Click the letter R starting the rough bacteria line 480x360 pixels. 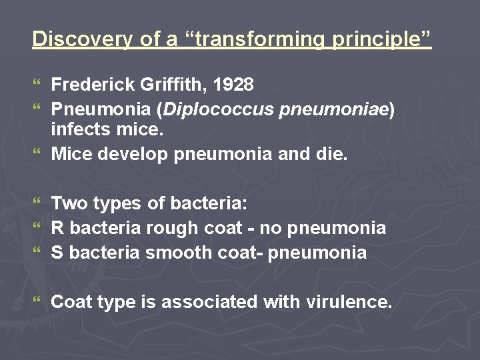pos(58,228)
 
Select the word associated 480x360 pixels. pos(209,302)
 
